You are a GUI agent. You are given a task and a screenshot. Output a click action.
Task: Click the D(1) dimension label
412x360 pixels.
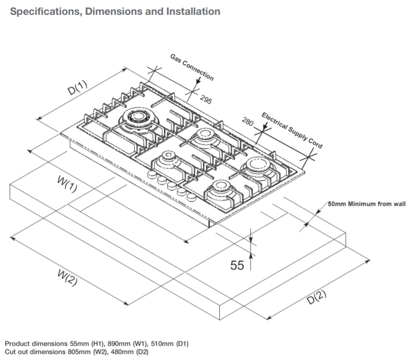tap(78, 87)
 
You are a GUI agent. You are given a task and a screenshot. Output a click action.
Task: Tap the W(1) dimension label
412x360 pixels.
tap(67, 184)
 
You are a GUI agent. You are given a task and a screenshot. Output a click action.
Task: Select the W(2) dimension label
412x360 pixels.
tap(67, 277)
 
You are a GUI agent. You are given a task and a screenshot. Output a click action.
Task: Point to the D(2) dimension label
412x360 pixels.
tap(317, 297)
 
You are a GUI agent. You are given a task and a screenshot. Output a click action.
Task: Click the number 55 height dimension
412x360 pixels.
tap(237, 265)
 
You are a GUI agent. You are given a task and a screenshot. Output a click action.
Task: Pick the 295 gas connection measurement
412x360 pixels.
tap(205, 99)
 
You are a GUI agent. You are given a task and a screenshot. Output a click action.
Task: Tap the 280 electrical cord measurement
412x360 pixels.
tap(247, 122)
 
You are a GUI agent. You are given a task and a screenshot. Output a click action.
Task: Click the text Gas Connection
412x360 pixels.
tap(192, 67)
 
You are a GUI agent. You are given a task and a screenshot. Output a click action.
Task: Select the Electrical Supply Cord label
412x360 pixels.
tap(292, 131)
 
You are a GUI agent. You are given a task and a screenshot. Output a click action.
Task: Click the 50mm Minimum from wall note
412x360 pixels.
tap(367, 204)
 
